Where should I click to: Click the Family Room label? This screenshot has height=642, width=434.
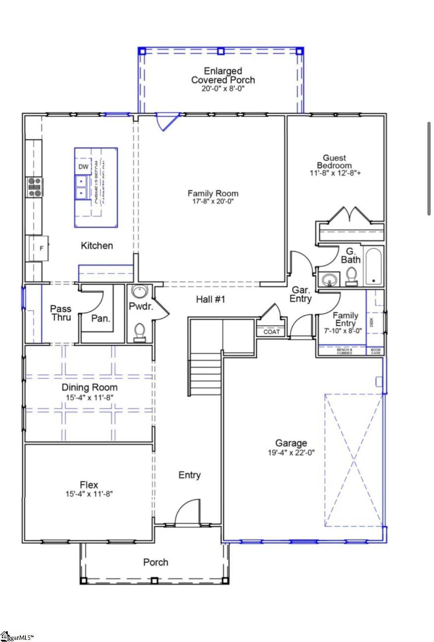(213, 193)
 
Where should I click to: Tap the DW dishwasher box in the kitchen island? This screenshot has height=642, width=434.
(83, 167)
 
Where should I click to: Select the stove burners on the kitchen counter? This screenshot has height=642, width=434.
(34, 187)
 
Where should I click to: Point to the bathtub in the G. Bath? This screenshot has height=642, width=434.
(374, 267)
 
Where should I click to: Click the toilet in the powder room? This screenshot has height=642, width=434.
(140, 332)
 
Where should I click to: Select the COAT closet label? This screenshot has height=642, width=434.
(271, 332)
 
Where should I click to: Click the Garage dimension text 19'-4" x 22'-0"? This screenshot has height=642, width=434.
(291, 453)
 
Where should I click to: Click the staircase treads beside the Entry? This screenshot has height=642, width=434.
(205, 374)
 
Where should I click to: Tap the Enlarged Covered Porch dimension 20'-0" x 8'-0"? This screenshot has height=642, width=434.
(223, 89)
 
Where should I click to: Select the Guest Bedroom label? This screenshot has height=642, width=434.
(334, 162)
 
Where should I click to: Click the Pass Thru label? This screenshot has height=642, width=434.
(61, 313)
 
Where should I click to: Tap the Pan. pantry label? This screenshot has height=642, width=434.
(101, 319)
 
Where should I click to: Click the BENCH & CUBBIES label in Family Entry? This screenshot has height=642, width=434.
(345, 351)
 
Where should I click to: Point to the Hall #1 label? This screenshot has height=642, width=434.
(210, 299)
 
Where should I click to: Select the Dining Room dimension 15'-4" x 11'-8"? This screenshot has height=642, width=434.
(89, 398)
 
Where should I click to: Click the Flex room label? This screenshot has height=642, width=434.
(89, 485)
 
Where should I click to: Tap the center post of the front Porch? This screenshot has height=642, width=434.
(154, 581)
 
